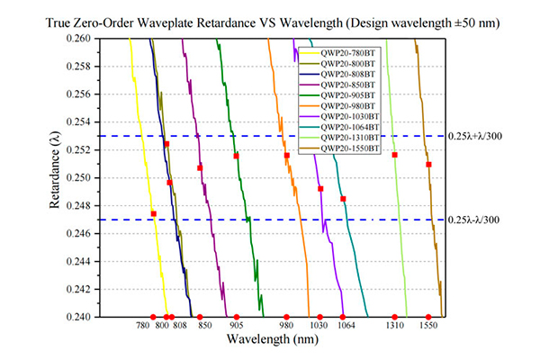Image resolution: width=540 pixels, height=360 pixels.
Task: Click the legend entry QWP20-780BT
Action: (x=347, y=53)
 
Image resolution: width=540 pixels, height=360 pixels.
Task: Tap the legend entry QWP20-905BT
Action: (x=347, y=95)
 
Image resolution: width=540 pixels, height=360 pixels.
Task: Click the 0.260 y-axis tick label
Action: (x=78, y=38)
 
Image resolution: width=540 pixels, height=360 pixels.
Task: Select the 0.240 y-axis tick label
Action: (x=78, y=317)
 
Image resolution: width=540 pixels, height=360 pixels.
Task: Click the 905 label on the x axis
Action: (x=236, y=325)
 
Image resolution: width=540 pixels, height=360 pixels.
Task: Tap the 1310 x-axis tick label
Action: (x=395, y=325)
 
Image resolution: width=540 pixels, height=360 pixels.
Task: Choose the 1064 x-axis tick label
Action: (x=346, y=325)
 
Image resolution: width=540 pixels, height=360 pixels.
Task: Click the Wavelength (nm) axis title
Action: (x=273, y=339)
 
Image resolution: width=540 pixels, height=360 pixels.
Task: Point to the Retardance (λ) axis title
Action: (x=54, y=170)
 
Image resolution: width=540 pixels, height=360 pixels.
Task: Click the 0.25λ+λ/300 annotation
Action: (x=475, y=137)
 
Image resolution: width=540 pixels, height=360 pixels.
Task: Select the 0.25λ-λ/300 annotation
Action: (x=473, y=220)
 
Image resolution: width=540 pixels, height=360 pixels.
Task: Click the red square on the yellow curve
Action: (x=154, y=214)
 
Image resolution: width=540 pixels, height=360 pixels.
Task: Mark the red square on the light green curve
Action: (x=395, y=155)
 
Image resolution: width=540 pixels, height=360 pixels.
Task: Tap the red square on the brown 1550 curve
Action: (x=428, y=165)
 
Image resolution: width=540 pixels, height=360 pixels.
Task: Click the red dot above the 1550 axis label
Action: (x=428, y=317)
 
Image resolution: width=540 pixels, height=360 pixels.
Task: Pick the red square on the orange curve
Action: (x=287, y=156)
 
